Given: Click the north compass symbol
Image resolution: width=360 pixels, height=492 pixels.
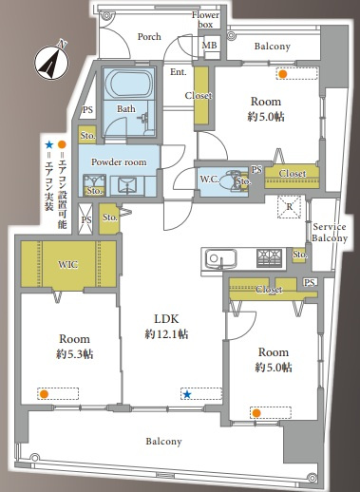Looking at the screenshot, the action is [51, 61].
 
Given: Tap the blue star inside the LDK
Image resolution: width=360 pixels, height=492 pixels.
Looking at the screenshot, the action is [187, 394].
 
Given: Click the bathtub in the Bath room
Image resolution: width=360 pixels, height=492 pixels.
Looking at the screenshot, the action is [128, 84].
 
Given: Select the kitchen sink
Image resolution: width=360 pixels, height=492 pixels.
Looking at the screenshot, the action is [220, 259].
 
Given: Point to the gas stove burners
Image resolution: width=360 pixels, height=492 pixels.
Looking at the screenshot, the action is [270, 257].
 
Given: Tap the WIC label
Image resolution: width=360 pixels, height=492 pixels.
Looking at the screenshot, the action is [67, 264].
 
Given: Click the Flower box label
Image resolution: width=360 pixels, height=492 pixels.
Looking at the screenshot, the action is [205, 20].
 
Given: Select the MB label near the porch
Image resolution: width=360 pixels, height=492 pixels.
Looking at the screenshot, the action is [209, 45].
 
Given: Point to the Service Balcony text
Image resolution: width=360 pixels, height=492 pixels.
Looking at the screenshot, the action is [330, 233].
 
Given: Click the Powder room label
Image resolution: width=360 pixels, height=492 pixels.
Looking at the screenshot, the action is [119, 162].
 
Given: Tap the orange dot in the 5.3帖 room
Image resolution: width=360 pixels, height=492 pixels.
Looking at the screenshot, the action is [44, 394].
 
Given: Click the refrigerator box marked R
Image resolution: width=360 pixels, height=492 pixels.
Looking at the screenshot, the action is [289, 207].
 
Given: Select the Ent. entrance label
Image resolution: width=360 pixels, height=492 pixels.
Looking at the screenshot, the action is [179, 72].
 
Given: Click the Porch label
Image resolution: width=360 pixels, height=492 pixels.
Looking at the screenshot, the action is [149, 37].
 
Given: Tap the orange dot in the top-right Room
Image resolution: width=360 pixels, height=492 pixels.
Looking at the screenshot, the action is [282, 74].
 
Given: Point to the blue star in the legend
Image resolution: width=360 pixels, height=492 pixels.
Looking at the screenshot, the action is [48, 145].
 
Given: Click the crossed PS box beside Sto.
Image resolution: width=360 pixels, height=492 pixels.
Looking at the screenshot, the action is [85, 218].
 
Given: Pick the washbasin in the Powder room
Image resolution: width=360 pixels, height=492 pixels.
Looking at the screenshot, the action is [127, 185].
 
